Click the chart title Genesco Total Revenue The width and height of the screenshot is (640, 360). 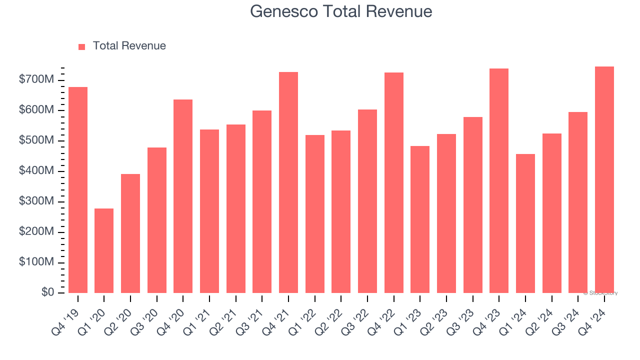[341, 11]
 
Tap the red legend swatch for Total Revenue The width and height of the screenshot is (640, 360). [82, 46]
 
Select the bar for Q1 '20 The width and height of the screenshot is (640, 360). [104, 250]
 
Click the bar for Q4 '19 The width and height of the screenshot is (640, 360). [78, 190]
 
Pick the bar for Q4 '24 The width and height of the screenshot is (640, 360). [604, 179]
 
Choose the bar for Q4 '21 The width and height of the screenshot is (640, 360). [288, 182]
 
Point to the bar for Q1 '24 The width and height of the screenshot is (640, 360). [525, 223]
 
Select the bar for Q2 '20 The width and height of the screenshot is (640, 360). [130, 233]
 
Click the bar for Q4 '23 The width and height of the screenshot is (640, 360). [499, 180]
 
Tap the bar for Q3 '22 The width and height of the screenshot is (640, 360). [367, 201]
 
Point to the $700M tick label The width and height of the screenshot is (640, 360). [37, 80]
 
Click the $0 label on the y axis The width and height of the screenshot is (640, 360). [47, 292]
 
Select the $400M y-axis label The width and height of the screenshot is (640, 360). [37, 171]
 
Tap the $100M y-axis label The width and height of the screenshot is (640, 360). [37, 262]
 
